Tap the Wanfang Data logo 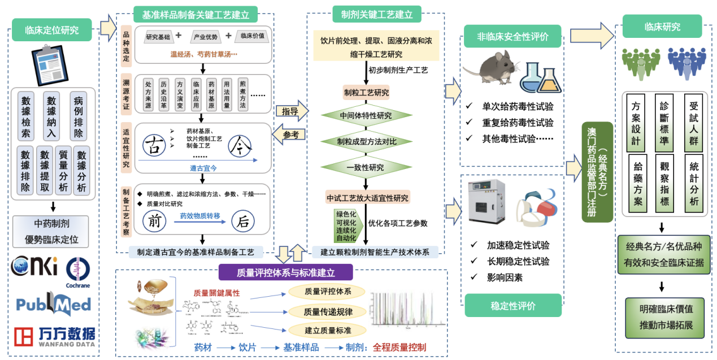pyautogui.click(x=54, y=336)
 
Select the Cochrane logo pyautogui.click(x=77, y=270)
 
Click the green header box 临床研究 pyautogui.click(x=662, y=27)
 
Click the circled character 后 pyautogui.click(x=242, y=222)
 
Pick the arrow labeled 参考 pyautogui.click(x=290, y=135)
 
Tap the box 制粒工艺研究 pyautogui.click(x=366, y=92)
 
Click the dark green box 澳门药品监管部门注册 pyautogui.click(x=597, y=172)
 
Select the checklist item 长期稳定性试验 pyautogui.click(x=518, y=261)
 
